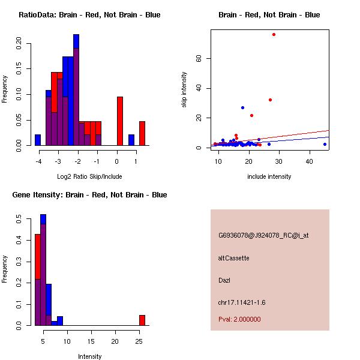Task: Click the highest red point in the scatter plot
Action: (274, 34)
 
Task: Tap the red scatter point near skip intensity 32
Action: (270, 100)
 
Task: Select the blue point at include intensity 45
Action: (325, 144)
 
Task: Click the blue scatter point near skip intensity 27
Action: (242, 107)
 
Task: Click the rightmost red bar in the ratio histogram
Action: (142, 133)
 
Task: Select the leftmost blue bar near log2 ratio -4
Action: (38, 140)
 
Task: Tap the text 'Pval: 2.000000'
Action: (239, 319)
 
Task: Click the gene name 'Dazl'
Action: (224, 280)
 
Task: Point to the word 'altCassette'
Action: (233, 258)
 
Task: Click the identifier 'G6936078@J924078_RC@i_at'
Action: (263, 236)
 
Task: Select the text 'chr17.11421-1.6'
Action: (241, 302)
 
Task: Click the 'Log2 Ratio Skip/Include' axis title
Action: (89, 176)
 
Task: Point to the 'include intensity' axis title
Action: (269, 176)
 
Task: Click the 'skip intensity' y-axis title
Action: (185, 90)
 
